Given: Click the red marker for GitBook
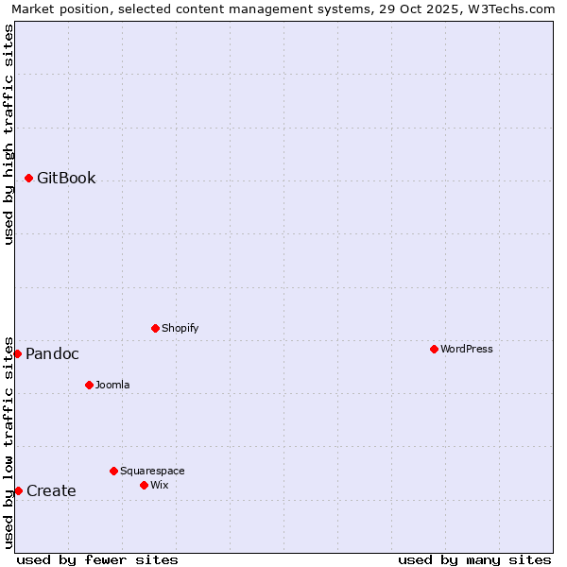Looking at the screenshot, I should pyautogui.click(x=28, y=178).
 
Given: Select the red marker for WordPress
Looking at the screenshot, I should pyautogui.click(x=434, y=349).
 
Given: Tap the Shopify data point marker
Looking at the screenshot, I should pyautogui.click(x=155, y=328).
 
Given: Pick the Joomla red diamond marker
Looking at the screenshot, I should pyautogui.click(x=89, y=385).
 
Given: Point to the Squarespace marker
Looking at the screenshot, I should pyautogui.click(x=113, y=471).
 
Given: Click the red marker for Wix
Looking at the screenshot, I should pyautogui.click(x=144, y=485).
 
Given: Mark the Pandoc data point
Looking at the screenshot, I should pyautogui.click(x=17, y=353).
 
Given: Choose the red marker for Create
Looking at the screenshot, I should pyautogui.click(x=18, y=490).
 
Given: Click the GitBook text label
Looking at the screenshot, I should pyautogui.click(x=66, y=178).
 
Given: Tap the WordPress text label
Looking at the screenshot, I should pyautogui.click(x=467, y=349).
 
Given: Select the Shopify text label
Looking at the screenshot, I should pyautogui.click(x=180, y=328).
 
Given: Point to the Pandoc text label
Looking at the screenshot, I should pyautogui.click(x=52, y=353).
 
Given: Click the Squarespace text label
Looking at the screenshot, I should pyautogui.click(x=152, y=471).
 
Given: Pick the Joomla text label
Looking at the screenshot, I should pyautogui.click(x=112, y=385).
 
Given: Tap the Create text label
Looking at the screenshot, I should pyautogui.click(x=51, y=490).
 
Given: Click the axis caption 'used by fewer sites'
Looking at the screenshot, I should pyautogui.click(x=97, y=559).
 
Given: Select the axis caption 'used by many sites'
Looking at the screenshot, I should pyautogui.click(x=474, y=559).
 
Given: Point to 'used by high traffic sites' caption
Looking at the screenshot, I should pyautogui.click(x=9, y=134).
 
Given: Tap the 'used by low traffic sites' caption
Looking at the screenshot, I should pyautogui.click(x=9, y=442).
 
